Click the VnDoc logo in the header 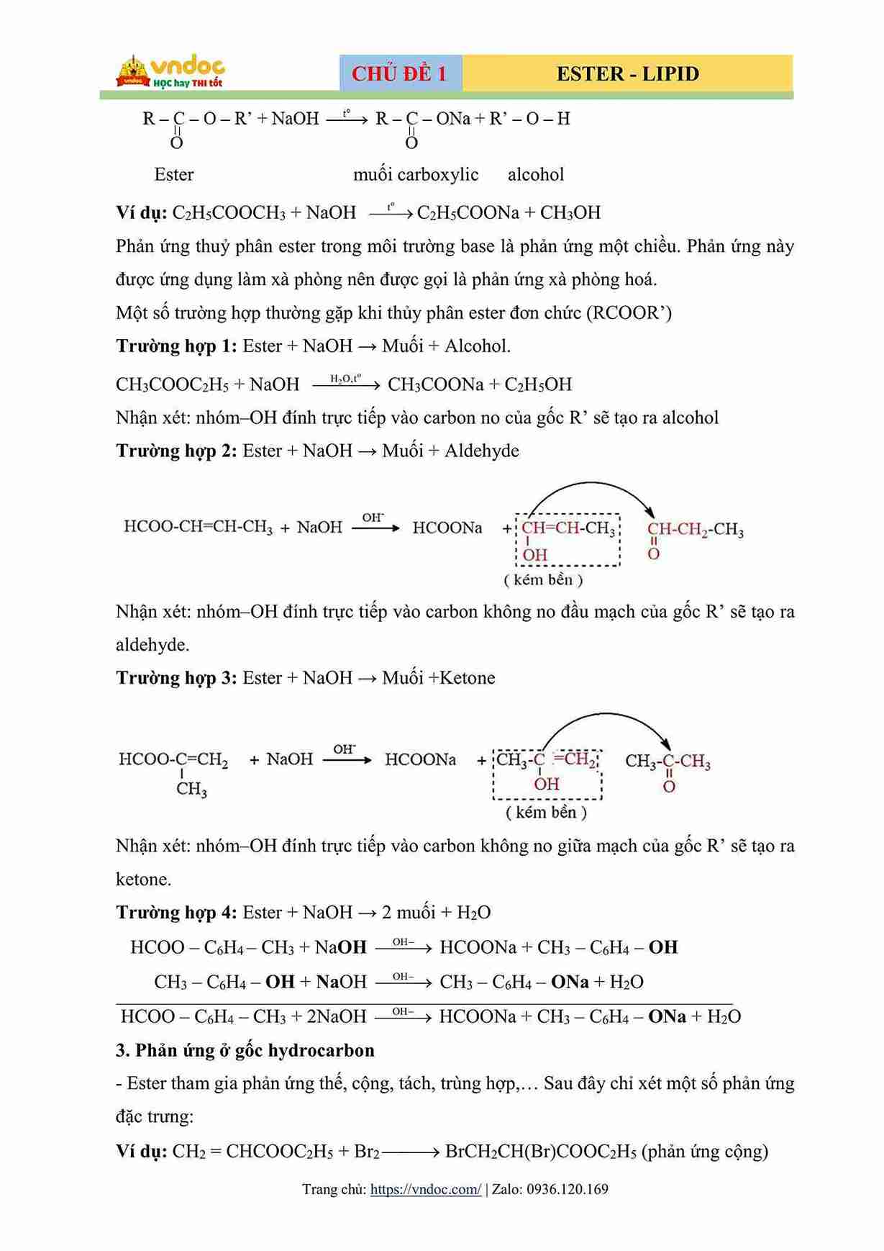170,72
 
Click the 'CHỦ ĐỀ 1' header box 400,73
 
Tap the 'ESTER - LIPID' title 627,73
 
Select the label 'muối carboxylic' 416,174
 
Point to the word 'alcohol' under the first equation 536,174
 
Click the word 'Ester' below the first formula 174,174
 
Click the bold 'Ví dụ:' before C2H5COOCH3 141,212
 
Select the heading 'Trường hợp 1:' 176,346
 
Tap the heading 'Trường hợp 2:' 176,451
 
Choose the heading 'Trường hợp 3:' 176,677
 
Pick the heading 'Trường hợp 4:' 176,912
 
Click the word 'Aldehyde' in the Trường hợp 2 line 481,451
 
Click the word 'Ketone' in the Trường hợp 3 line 468,677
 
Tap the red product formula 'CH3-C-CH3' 667,762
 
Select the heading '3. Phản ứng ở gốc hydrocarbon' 245,1050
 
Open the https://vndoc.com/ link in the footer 425,1189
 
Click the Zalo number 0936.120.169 568,1189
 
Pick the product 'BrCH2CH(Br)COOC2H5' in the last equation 540,1151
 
